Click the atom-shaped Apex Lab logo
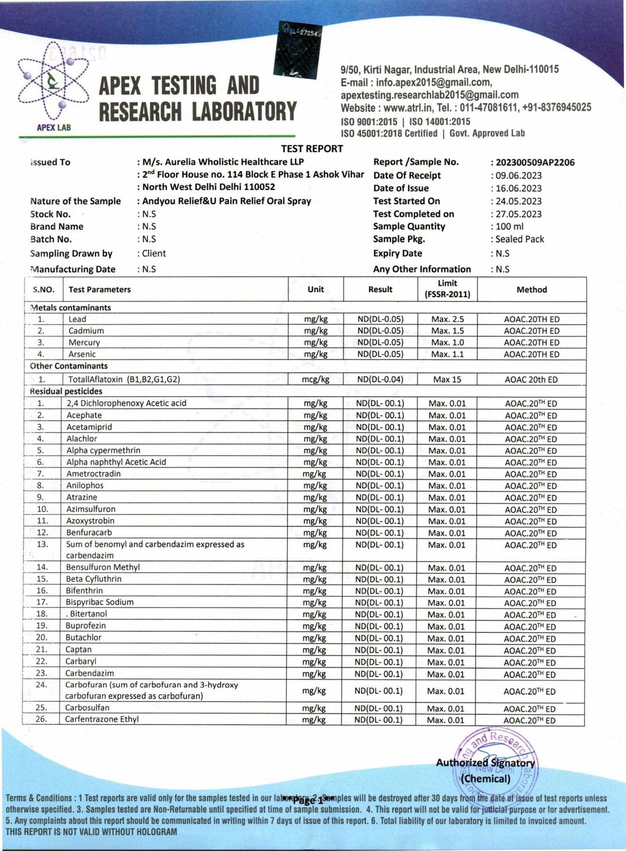click(53, 84)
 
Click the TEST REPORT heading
click(312, 148)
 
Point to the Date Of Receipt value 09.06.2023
click(518, 175)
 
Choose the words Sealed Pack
click(519, 239)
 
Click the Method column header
click(532, 289)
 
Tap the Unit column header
click(315, 289)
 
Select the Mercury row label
click(84, 343)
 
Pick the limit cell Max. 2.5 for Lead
click(447, 319)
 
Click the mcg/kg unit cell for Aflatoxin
click(315, 379)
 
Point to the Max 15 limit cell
click(447, 379)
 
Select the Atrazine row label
click(82, 497)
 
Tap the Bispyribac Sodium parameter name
click(100, 602)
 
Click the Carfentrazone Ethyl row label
click(102, 719)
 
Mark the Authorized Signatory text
click(485, 763)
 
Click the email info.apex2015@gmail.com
click(434, 82)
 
